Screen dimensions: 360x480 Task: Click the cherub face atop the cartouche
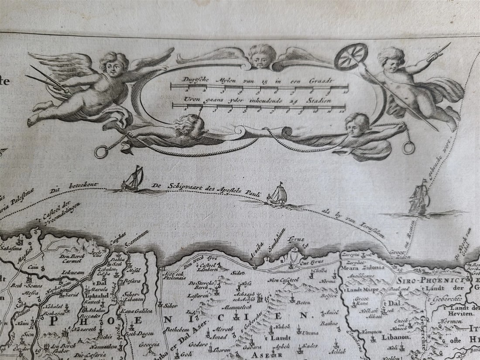tap(262, 56)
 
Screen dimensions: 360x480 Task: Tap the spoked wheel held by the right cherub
tap(351, 57)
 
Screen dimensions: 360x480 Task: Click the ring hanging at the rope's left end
tap(101, 151)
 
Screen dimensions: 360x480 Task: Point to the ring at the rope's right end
tap(409, 148)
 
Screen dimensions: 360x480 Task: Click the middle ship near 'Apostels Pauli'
tap(277, 195)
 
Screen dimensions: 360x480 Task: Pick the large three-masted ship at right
tap(419, 198)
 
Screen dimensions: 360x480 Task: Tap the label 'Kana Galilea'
tap(137, 311)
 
